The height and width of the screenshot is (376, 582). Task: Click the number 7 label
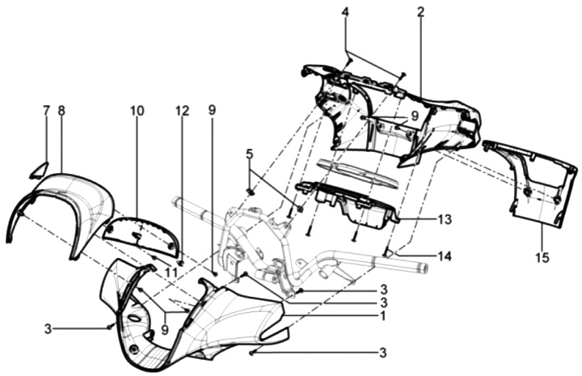(46, 109)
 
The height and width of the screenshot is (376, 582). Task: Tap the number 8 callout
(61, 109)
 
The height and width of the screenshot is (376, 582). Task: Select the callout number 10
(136, 109)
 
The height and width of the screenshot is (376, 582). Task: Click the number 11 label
(171, 273)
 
